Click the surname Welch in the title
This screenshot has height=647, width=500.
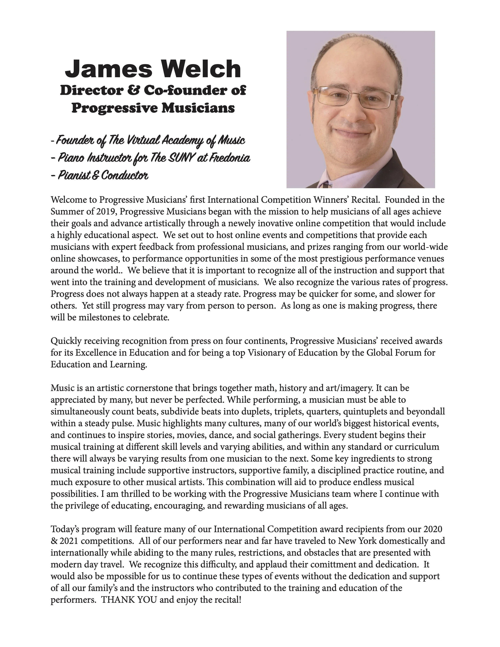201,69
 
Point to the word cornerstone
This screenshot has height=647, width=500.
150,388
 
